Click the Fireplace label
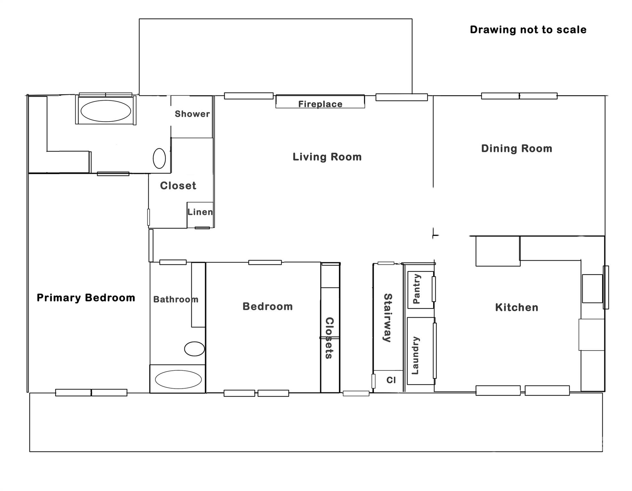click(x=320, y=104)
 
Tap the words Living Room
click(x=327, y=157)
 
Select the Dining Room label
click(x=517, y=148)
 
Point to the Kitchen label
click(x=517, y=307)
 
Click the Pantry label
click(x=417, y=289)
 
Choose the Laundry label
click(x=415, y=355)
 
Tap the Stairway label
click(x=387, y=318)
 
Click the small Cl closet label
click(x=391, y=380)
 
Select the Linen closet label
click(x=200, y=212)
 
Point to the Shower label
click(x=192, y=114)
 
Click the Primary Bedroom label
click(x=86, y=298)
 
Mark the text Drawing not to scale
click(x=528, y=29)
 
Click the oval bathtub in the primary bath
click(x=106, y=111)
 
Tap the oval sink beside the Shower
click(x=159, y=158)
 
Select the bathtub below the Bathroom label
click(x=178, y=379)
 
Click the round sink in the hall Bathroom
click(x=194, y=349)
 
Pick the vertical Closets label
click(x=329, y=338)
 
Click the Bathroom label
click(x=176, y=299)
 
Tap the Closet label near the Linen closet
click(x=178, y=185)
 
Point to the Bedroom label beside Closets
click(x=268, y=306)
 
